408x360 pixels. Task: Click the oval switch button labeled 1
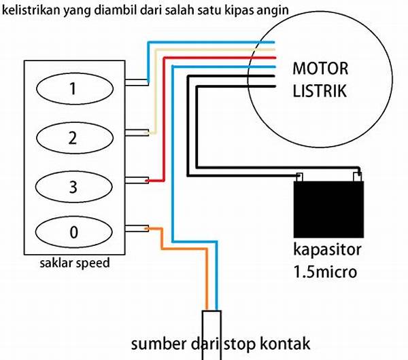73,88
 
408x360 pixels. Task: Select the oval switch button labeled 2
73,138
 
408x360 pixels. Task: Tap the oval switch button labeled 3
73,185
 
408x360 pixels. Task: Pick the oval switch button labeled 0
73,233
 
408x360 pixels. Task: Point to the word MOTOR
320,69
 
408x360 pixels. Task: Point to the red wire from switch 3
178,136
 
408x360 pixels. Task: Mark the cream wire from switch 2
156,102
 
